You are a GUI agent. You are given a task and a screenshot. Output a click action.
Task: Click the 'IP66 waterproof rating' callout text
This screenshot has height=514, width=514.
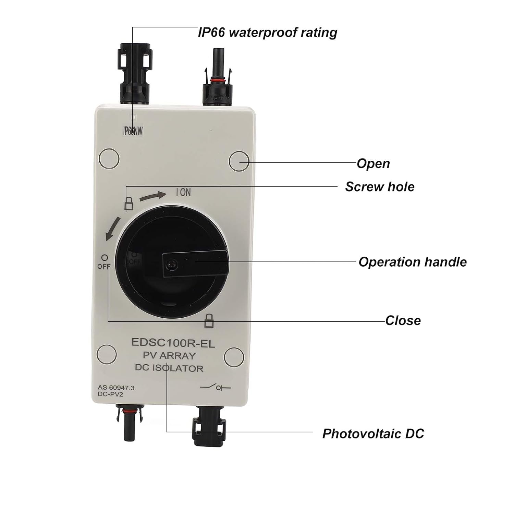(x=268, y=33)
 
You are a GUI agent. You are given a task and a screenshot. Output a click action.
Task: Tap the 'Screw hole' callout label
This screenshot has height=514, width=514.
(x=380, y=187)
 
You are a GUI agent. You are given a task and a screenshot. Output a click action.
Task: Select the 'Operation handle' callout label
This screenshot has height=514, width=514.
(x=413, y=262)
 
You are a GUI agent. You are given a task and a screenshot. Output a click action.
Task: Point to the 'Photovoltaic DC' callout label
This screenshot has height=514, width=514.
(x=373, y=433)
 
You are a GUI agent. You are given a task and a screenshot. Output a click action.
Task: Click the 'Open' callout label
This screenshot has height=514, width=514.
(x=373, y=163)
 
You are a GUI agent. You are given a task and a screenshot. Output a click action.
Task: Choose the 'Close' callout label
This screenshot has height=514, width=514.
(x=403, y=320)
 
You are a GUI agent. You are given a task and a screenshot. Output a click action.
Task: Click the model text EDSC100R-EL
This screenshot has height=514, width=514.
(x=173, y=343)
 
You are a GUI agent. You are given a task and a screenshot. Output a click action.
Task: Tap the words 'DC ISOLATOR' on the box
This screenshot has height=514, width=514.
(x=169, y=368)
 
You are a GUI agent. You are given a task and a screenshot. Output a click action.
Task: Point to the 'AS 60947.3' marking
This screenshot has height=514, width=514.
(x=116, y=388)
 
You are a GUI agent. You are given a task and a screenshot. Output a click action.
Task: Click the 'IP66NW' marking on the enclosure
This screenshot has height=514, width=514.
(x=133, y=131)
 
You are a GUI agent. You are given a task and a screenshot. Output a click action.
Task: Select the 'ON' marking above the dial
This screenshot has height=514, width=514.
(x=183, y=193)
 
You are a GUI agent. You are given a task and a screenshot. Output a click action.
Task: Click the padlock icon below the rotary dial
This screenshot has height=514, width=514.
(x=209, y=320)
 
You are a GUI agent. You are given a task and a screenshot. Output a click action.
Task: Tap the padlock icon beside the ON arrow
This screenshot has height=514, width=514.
(x=129, y=203)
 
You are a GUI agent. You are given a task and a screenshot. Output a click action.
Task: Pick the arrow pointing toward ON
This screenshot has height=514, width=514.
(x=153, y=196)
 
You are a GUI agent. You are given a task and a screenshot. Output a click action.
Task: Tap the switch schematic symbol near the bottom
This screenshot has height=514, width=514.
(x=216, y=388)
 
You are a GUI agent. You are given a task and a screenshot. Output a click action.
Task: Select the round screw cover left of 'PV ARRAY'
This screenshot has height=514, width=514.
(x=107, y=354)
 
